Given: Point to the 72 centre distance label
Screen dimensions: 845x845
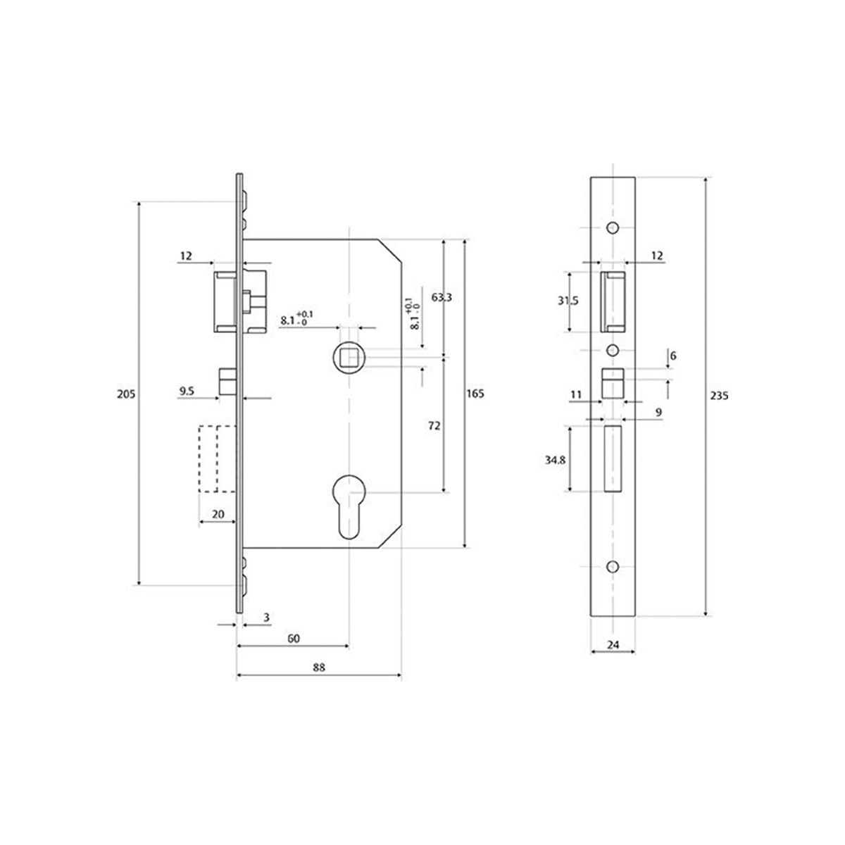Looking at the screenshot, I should (434, 425).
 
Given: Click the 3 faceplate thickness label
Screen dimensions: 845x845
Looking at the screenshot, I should (265, 618).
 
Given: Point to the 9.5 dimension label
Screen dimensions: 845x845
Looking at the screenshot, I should (187, 389).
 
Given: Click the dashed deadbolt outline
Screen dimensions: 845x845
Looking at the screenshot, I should (218, 458).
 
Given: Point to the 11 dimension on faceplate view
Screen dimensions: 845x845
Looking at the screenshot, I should (576, 395).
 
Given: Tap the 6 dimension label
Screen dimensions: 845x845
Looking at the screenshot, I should (673, 356).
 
